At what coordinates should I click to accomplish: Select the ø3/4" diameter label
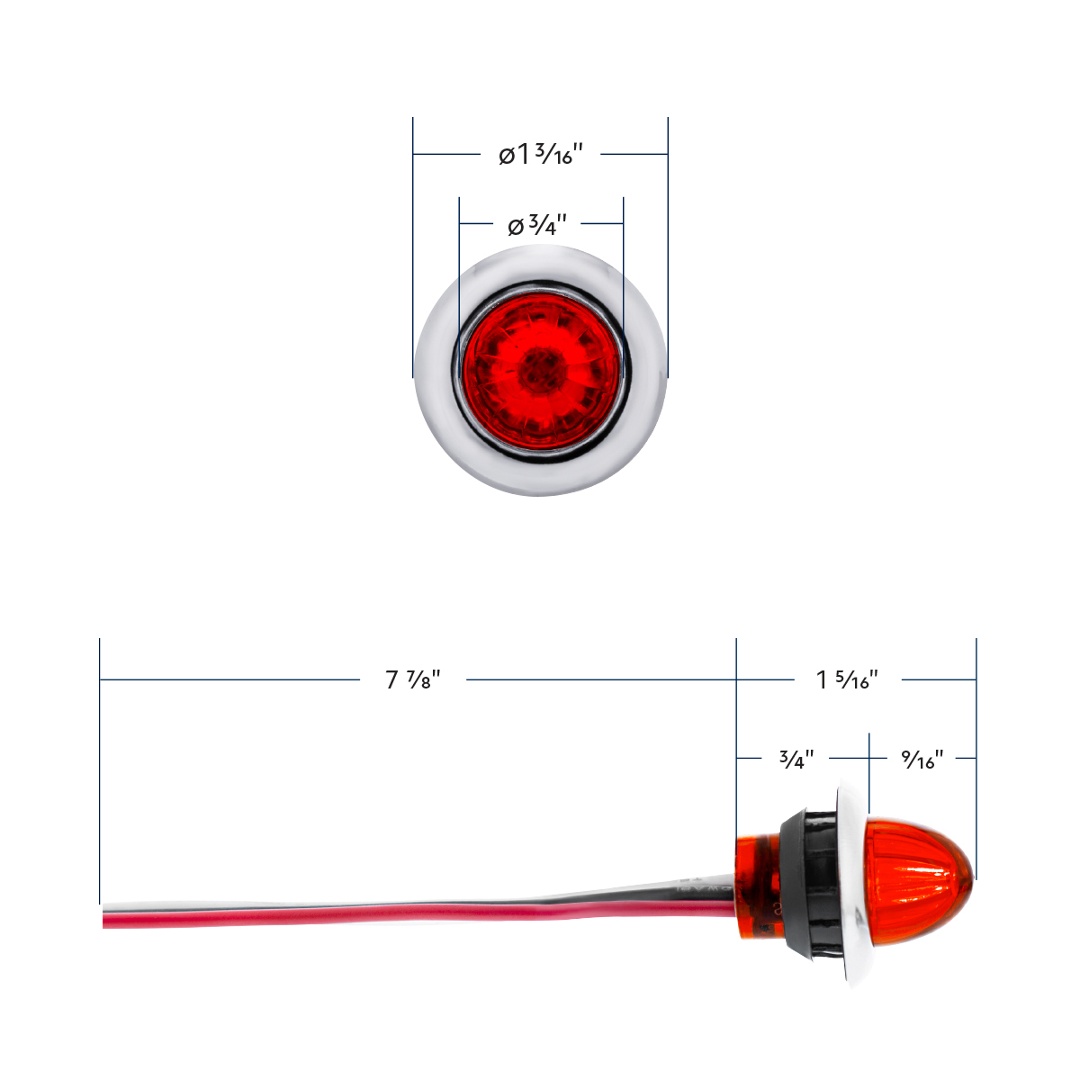(x=537, y=224)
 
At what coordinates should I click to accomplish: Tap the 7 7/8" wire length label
(x=412, y=679)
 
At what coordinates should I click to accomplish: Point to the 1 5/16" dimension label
(x=847, y=679)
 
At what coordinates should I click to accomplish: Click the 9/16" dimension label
(x=922, y=759)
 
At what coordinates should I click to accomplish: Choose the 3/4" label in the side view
(x=796, y=759)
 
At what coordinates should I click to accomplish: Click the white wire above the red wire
(x=360, y=903)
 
